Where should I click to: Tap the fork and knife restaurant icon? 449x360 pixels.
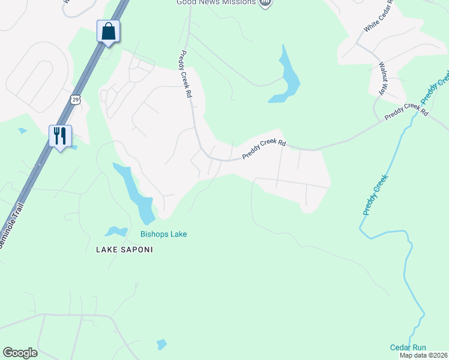tap(60, 136)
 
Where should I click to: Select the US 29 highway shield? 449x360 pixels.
tap(74, 99)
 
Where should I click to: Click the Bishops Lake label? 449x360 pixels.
tap(163, 234)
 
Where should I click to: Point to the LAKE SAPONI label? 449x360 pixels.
tap(121, 248)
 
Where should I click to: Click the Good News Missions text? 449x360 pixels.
tap(216, 2)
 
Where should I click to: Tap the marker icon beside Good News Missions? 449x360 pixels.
tap(265, 3)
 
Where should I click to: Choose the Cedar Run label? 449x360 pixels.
tap(408, 347)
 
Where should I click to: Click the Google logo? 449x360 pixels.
tap(20, 353)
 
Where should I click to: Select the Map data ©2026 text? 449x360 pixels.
tap(423, 355)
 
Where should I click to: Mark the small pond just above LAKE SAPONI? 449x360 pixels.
tap(115, 231)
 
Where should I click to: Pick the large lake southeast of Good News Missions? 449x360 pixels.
tap(286, 77)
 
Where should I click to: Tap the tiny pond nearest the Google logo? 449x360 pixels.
tap(161, 344)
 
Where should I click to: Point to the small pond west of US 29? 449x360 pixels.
tap(22, 130)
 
